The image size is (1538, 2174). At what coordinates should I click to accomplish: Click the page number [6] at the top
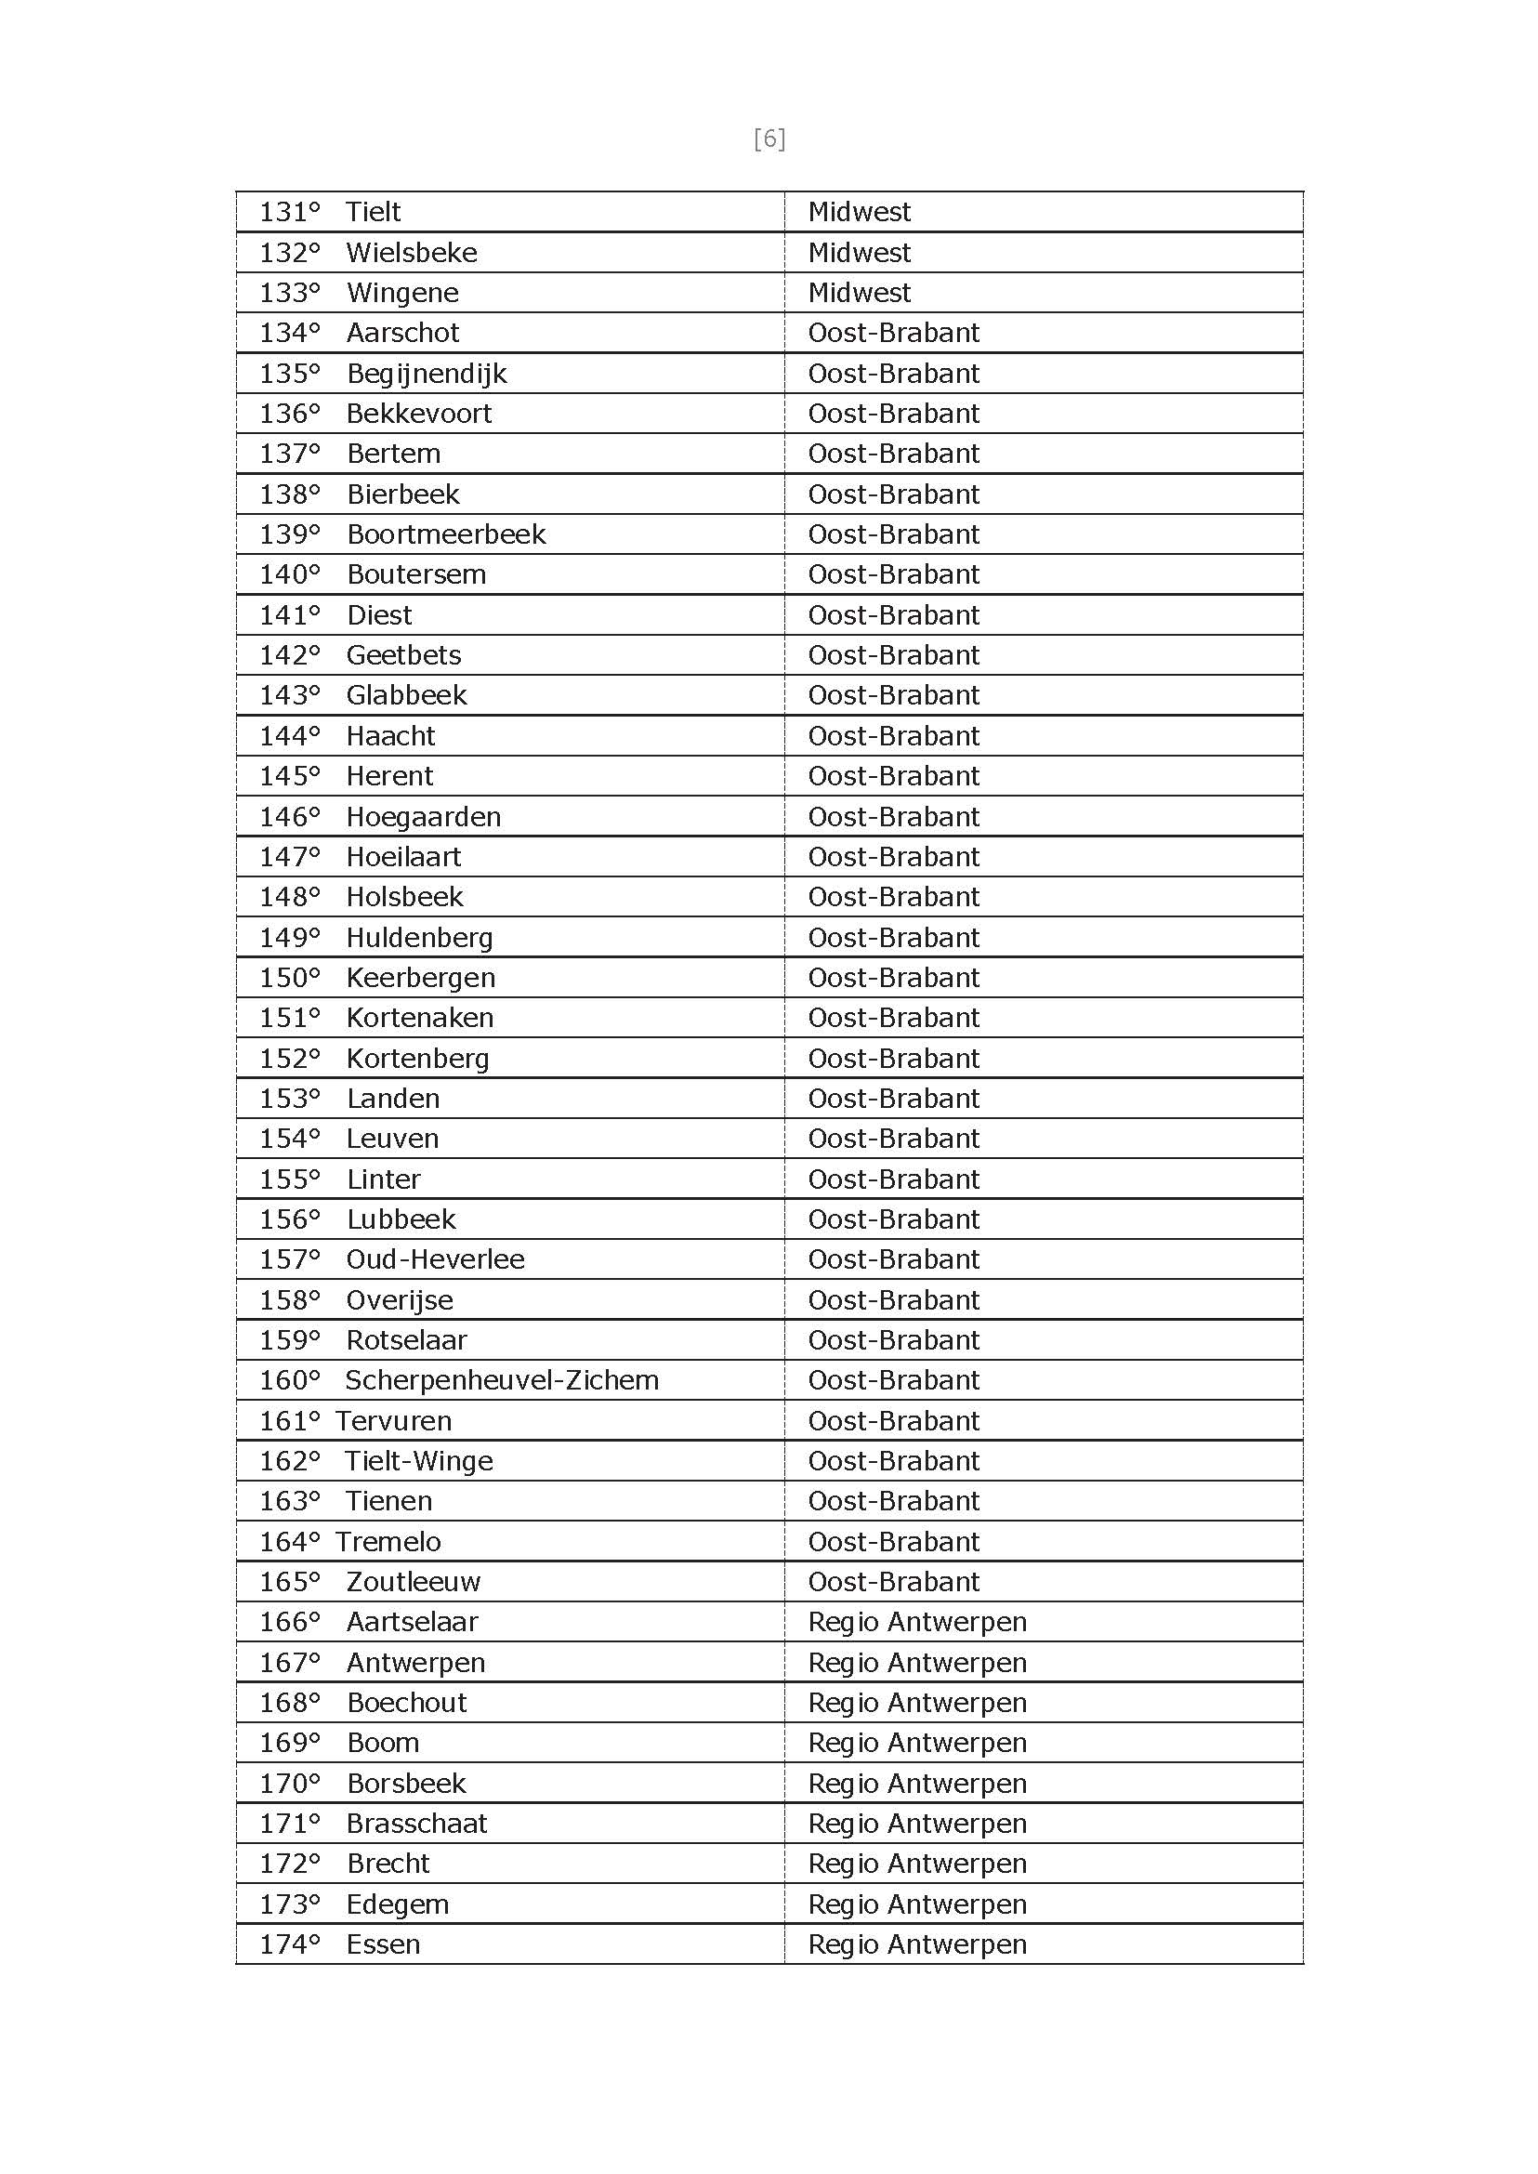tap(769, 139)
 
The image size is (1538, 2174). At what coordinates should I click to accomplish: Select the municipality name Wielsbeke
tap(411, 253)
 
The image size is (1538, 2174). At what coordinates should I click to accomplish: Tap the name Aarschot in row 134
tap(402, 333)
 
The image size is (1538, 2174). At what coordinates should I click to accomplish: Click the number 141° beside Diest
tap(290, 615)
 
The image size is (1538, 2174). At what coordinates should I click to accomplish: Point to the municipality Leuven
tap(392, 1139)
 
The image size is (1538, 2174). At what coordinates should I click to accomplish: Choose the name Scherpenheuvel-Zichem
tap(501, 1380)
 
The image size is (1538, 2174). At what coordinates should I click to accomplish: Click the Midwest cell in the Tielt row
tap(859, 212)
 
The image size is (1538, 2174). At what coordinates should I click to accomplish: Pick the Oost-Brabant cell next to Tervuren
tap(893, 1421)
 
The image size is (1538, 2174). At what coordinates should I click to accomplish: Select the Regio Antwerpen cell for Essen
tap(916, 1944)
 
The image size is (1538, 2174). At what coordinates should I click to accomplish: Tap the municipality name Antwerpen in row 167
tap(415, 1663)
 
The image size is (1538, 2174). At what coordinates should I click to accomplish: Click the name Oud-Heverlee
tap(435, 1258)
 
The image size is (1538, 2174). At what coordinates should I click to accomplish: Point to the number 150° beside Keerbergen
tap(290, 978)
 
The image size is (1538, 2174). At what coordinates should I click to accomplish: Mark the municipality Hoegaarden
tap(424, 817)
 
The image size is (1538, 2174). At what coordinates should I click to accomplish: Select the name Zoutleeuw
tap(413, 1582)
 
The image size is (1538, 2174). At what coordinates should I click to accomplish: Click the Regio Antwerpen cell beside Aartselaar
tap(916, 1622)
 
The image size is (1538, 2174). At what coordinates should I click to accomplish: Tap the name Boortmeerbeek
tap(446, 534)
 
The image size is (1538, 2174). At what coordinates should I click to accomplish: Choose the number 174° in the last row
tap(290, 1944)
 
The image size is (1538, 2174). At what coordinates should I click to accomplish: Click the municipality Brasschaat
tap(415, 1824)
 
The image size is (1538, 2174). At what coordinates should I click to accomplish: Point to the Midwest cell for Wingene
tap(859, 293)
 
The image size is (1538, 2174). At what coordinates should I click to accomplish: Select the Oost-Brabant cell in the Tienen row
tap(893, 1501)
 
